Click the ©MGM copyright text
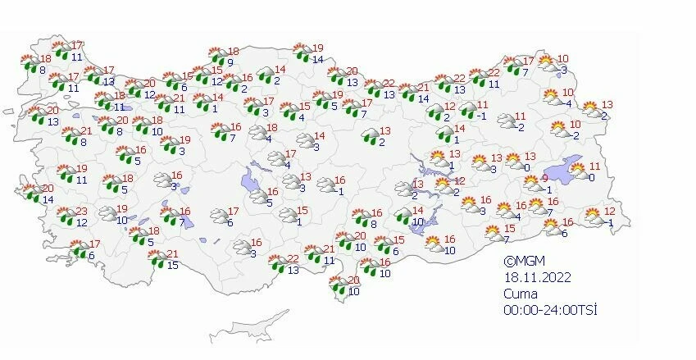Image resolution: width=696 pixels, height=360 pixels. point(522,260)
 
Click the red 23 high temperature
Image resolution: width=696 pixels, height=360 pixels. point(82,211)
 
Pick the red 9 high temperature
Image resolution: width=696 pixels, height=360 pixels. point(544,178)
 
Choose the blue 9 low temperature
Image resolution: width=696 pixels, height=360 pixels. point(231,62)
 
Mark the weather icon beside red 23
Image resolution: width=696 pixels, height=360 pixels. point(63,216)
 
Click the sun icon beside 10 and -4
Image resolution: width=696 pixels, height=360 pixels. point(549,97)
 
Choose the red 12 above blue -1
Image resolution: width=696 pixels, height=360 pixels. point(609,212)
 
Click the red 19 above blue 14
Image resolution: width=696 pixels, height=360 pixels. point(318,48)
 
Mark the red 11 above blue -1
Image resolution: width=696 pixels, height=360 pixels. point(482,105)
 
